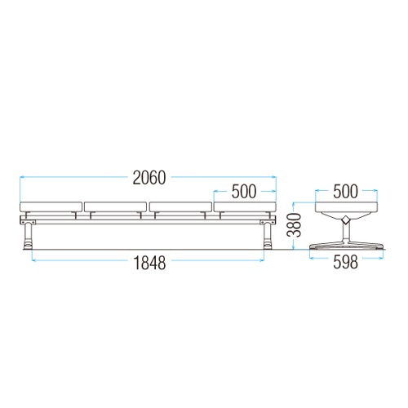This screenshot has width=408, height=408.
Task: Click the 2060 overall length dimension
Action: click(149, 178)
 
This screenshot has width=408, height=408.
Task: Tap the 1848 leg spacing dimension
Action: click(149, 263)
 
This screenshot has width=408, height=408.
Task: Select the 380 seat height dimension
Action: click(295, 224)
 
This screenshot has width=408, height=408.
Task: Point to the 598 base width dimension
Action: click(345, 262)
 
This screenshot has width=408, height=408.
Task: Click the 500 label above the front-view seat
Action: click(244, 192)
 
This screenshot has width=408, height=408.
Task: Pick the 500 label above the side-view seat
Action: click(345, 192)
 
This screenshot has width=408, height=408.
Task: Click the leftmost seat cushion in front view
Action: click(51, 206)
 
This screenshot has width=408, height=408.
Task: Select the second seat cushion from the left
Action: click(115, 206)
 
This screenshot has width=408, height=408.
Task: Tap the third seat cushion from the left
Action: click(180, 206)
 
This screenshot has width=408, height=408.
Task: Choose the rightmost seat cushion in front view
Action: click(245, 206)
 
